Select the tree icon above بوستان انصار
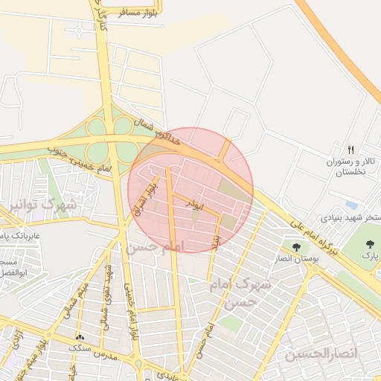(296, 246)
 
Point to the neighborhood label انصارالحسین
(321, 353)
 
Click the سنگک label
(80, 348)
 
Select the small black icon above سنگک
(80, 339)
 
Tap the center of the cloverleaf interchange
(110, 139)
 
